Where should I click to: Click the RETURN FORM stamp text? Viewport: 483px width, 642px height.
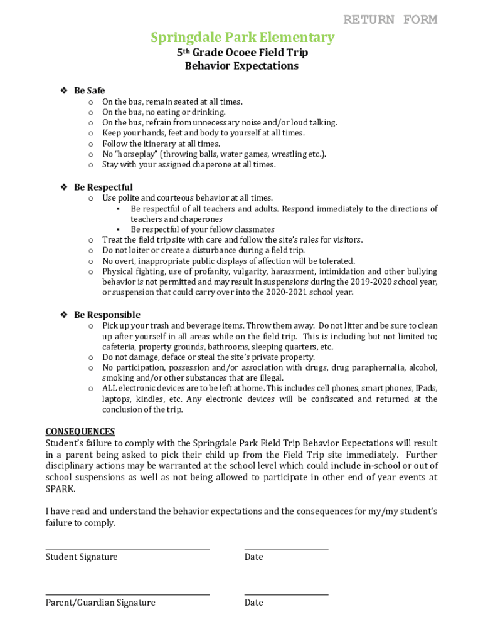390,19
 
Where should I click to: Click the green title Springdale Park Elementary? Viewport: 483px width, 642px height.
242,38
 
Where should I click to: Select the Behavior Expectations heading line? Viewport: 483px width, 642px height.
242,66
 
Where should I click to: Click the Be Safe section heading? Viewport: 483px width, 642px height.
89,91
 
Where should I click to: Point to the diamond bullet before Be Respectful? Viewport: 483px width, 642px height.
63,187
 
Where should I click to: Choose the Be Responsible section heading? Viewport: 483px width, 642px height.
107,315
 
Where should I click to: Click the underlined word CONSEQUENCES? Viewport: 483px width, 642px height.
80,431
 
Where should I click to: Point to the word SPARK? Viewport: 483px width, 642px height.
60,489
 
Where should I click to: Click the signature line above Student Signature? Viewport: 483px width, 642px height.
127,550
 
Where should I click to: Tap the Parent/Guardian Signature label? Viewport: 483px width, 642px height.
100,603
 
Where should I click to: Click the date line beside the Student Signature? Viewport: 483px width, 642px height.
286,550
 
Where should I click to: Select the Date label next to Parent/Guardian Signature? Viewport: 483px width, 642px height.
253,603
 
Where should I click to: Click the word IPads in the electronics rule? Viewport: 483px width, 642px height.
427,389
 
